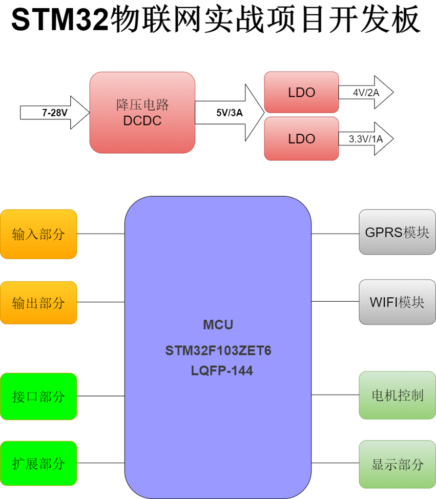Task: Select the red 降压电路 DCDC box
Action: (x=142, y=112)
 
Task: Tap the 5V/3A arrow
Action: (x=229, y=112)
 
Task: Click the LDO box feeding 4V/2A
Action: (x=301, y=92)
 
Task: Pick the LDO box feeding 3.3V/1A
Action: (x=301, y=138)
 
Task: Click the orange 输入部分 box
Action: (x=38, y=234)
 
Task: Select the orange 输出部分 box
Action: (x=38, y=302)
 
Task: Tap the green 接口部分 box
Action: (x=38, y=396)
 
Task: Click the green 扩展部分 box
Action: (x=38, y=463)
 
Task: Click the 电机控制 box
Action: (x=397, y=395)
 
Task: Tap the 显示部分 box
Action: (x=397, y=464)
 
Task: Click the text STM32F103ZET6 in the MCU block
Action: (x=218, y=351)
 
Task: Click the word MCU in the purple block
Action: (x=218, y=325)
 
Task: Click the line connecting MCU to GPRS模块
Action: (x=335, y=234)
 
